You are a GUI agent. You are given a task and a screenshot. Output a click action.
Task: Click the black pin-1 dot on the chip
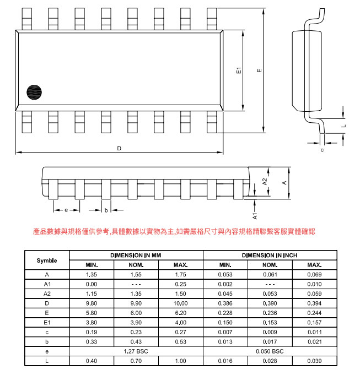34,92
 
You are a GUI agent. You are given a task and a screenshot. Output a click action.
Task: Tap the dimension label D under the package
119,148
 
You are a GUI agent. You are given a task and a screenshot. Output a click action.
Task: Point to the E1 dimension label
239,70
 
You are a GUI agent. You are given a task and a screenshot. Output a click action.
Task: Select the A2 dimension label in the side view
265,182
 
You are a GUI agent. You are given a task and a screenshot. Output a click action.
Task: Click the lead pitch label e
66,210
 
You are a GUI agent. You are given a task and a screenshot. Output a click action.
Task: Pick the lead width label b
106,210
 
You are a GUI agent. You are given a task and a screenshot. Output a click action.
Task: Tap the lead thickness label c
322,150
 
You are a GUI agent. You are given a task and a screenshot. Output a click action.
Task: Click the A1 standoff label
255,216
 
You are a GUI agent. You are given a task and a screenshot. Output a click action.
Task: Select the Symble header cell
47,260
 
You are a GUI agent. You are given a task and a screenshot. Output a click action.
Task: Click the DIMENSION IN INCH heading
270,256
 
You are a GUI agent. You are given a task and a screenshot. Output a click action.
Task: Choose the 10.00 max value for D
180,303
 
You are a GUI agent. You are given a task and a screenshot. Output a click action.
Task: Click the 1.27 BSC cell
136,351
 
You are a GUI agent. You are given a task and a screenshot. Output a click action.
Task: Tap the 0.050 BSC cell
270,351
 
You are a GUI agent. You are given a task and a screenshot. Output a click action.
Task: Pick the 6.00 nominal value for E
136,313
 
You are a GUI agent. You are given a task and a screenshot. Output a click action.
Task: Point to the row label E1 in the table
47,323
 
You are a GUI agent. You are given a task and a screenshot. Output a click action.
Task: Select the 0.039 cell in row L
315,361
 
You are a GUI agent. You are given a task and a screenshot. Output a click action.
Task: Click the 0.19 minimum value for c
92,332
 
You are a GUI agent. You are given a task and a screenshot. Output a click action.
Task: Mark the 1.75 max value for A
180,275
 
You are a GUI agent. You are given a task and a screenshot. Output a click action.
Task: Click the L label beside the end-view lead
344,126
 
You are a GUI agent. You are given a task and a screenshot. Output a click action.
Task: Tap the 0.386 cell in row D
225,303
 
